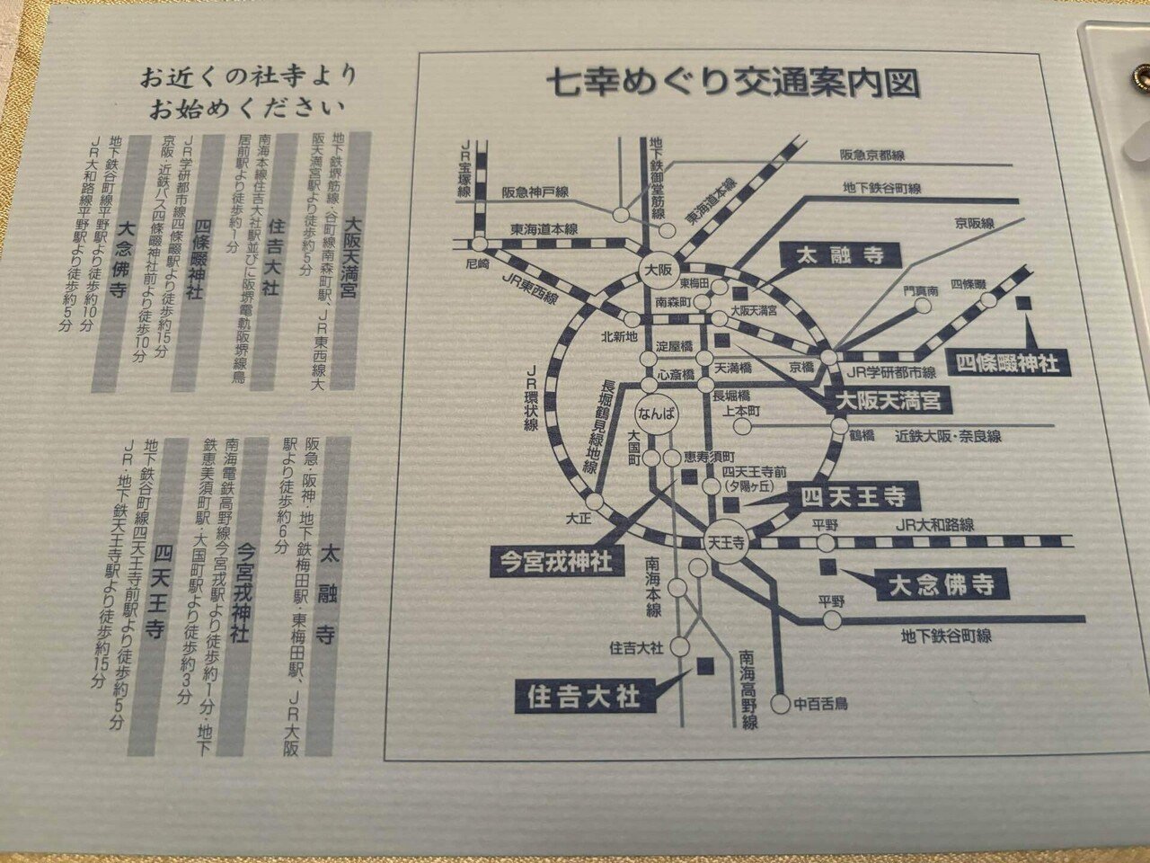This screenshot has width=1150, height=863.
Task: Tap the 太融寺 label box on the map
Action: (x=840, y=256)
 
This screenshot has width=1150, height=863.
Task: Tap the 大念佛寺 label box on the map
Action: (x=941, y=585)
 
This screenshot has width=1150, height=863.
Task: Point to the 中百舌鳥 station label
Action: (x=821, y=703)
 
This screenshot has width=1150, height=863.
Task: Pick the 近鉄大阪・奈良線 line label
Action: (x=948, y=436)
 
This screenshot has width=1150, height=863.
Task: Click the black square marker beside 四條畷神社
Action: (x=1022, y=304)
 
